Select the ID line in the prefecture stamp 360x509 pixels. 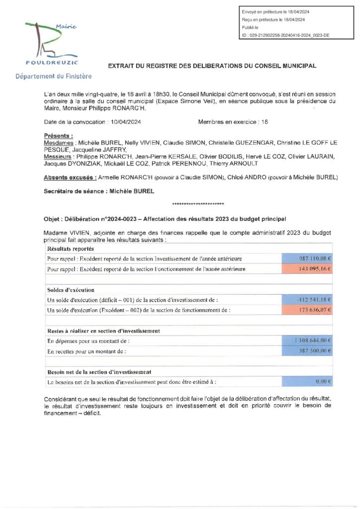(285, 35)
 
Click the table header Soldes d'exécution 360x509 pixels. (71, 290)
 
